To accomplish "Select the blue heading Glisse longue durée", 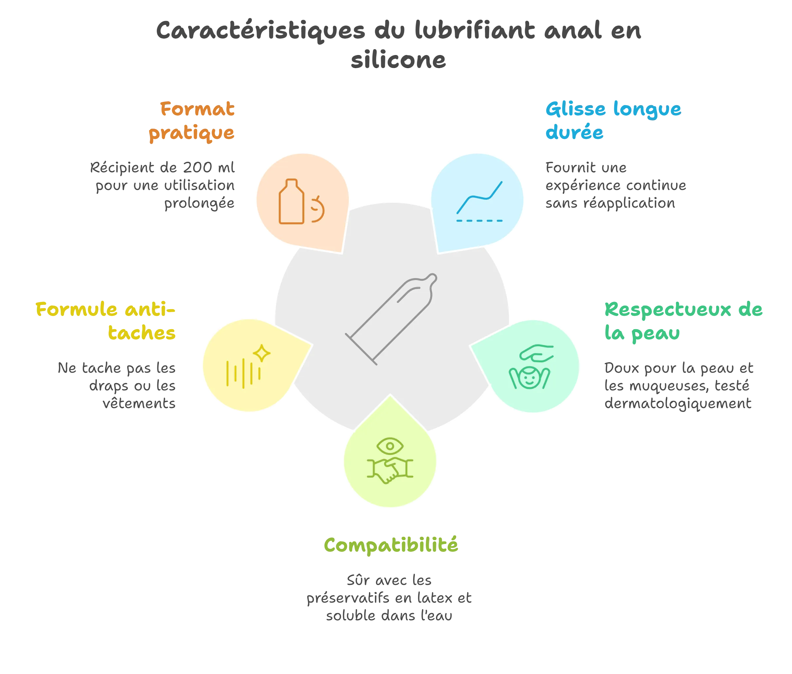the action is tap(613, 121).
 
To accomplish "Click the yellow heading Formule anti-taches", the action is tap(105, 321).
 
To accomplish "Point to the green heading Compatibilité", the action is tap(391, 545).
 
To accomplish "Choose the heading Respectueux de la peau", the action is tap(684, 321).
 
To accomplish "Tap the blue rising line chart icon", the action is tap(480, 197).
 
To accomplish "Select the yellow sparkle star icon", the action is tap(262, 353).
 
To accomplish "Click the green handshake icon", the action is tap(390, 470).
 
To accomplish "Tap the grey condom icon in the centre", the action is tap(391, 319).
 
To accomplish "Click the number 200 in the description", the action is tap(198, 167).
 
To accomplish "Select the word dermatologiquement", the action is tap(678, 404).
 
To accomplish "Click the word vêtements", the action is tap(139, 403).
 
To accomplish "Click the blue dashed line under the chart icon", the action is tap(480, 221).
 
